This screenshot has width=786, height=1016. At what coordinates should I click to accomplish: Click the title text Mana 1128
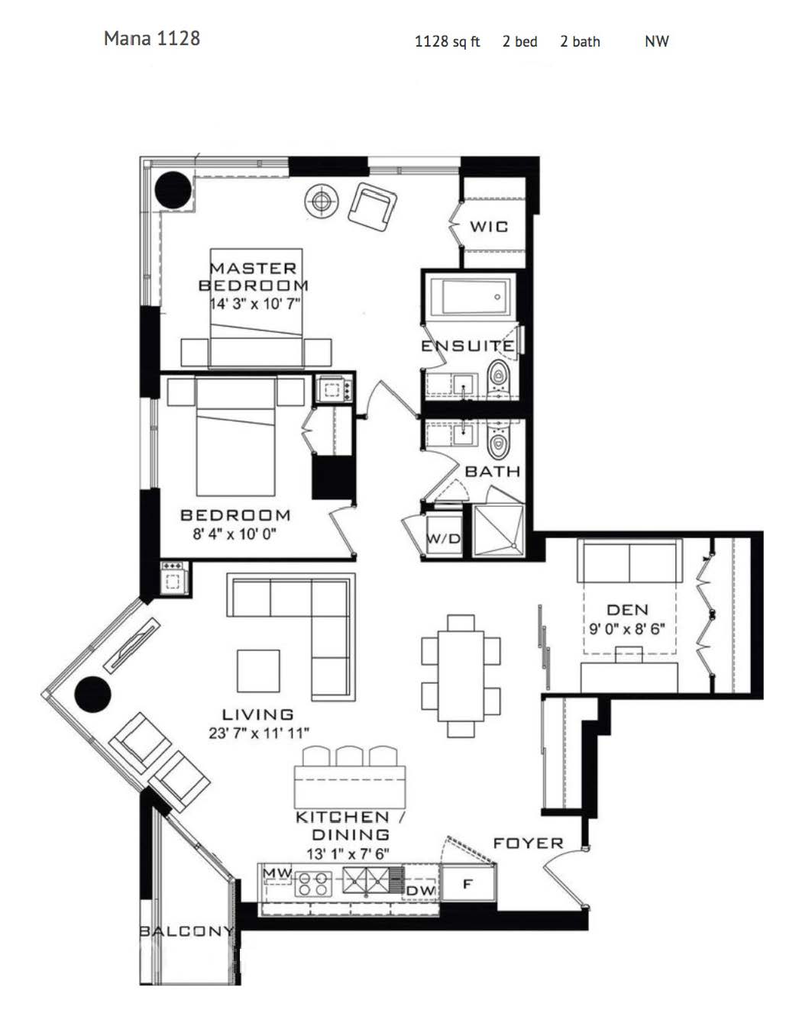pos(151,38)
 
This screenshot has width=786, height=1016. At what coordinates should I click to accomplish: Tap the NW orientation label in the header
pos(656,42)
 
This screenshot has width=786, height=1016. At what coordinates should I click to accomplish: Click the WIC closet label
pos(489,227)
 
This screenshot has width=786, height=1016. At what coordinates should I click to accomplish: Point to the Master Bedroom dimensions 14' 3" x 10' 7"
pos(254,304)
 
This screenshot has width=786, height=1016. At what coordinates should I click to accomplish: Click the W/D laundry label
pos(443,538)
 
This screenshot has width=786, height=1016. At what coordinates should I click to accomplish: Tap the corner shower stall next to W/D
pos(498,530)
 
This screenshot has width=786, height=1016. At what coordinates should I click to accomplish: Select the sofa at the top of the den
pos(629,560)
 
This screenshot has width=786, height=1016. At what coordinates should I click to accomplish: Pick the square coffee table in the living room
pos(258,671)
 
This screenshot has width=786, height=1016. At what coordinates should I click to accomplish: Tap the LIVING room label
pos(257,714)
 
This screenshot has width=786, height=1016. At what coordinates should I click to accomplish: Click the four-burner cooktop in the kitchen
pos(313,883)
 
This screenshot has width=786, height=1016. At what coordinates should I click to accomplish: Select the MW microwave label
pos(277,873)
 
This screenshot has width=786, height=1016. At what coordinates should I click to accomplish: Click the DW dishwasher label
pos(421,891)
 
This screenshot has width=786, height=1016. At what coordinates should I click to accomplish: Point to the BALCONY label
pos(186,931)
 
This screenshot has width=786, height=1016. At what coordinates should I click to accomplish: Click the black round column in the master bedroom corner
pos(173,190)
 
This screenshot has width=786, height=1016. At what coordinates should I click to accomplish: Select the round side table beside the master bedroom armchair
pos(321,200)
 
